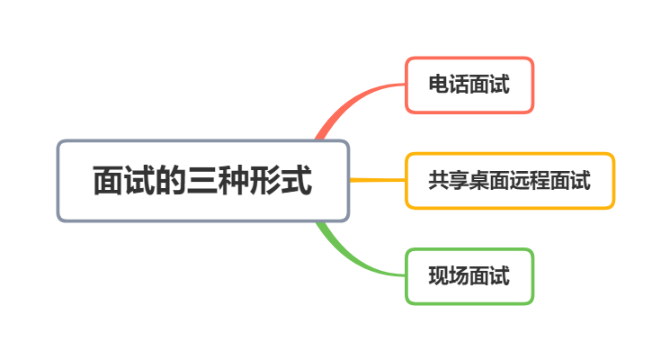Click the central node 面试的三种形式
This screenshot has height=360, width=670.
(x=202, y=181)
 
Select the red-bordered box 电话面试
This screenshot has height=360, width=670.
(x=469, y=85)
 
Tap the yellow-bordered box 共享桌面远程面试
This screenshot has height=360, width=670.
(x=509, y=181)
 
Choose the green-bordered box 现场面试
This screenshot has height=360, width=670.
(x=469, y=276)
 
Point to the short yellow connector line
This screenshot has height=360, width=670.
(x=376, y=180)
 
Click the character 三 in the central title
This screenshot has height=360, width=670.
(x=202, y=181)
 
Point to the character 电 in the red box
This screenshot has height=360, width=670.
(x=438, y=85)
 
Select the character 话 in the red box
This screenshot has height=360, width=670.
(x=459, y=85)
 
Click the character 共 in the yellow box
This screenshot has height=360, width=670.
(x=438, y=181)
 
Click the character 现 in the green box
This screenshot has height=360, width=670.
(x=438, y=276)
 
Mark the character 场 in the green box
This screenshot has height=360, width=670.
(x=459, y=276)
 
